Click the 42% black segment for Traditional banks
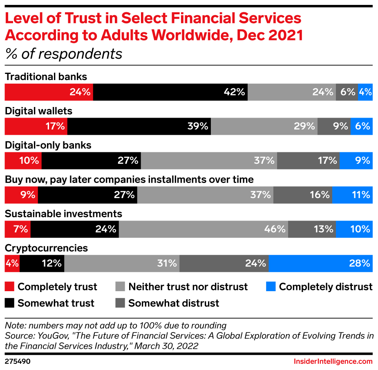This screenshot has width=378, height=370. (170, 92)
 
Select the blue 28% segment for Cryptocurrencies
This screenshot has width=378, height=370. (320, 263)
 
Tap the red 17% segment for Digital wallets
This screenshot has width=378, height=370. (36, 126)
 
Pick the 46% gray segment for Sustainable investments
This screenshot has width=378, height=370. (203, 229)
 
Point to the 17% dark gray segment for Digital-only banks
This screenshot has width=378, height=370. (308, 160)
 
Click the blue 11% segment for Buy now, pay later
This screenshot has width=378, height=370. (352, 195)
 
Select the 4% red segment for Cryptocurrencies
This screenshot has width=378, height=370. (12, 263)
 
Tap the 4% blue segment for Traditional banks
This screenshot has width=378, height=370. (365, 92)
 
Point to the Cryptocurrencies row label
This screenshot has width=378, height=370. (46, 248)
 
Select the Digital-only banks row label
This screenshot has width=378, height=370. (48, 145)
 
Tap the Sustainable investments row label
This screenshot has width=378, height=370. (63, 214)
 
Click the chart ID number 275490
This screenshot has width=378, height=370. (18, 361)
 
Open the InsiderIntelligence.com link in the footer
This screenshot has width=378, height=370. (333, 361)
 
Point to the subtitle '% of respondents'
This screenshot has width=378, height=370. (63, 54)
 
